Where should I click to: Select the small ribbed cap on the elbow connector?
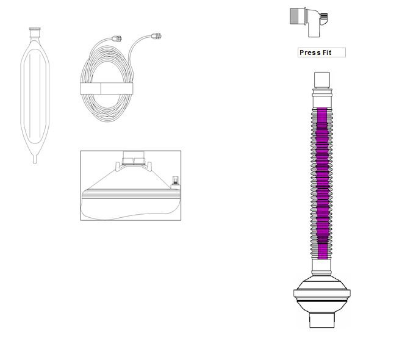point(323,16)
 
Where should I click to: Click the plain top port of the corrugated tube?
point(321,80)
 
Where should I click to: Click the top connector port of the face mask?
point(133,157)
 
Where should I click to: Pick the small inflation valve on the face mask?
point(175,180)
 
